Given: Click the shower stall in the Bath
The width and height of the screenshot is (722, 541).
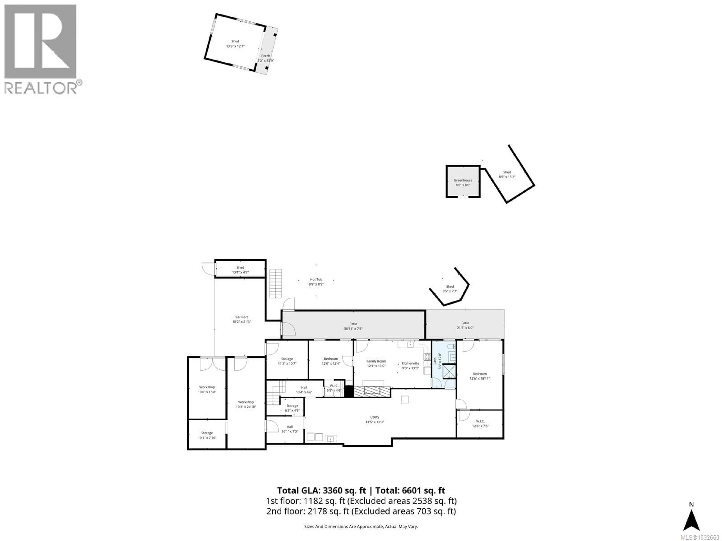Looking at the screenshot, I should click(449, 371).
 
